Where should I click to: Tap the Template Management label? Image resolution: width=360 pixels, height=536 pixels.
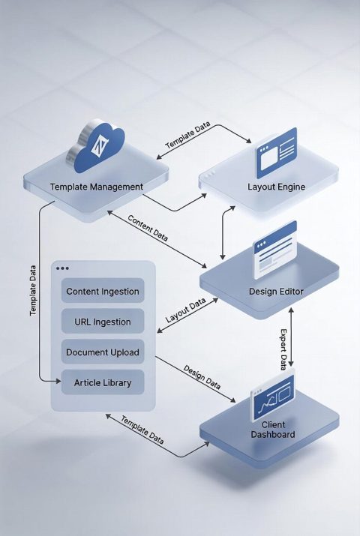[x=96, y=186]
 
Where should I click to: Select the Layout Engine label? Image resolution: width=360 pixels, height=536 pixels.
[x=276, y=186]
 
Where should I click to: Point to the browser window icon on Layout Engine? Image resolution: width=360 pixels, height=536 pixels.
[x=276, y=152]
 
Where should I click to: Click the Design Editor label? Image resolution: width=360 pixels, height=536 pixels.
[x=276, y=291]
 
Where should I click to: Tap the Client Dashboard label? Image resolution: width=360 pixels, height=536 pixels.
[x=273, y=430]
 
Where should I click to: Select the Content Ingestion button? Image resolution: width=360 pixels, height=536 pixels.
[x=103, y=291]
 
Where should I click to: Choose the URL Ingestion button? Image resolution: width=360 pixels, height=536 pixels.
[x=103, y=322]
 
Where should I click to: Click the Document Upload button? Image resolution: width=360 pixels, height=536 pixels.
[x=103, y=352]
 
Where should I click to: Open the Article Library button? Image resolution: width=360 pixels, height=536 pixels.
[x=103, y=382]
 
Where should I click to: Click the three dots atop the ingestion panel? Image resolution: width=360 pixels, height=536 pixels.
[x=62, y=268]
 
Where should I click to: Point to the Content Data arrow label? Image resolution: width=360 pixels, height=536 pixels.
[x=148, y=228]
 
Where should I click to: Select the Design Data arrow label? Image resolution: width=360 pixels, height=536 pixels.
[x=202, y=379]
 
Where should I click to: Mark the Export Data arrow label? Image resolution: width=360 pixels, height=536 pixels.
[x=283, y=349]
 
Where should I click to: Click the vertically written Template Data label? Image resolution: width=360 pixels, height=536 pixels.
[x=33, y=289]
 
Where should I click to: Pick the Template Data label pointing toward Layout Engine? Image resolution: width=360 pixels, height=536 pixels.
[x=188, y=137]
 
